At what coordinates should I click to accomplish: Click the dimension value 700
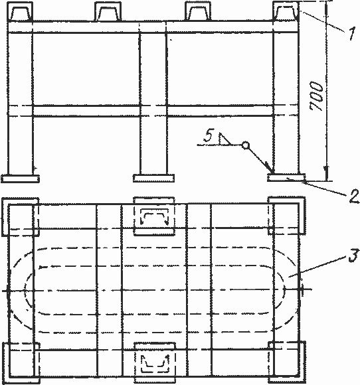click(x=316, y=96)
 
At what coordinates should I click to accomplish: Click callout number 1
click(x=352, y=34)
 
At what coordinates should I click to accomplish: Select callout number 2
click(x=354, y=196)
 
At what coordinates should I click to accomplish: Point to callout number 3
click(x=353, y=255)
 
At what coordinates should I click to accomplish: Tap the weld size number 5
click(x=208, y=136)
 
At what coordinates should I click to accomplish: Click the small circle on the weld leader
click(x=245, y=145)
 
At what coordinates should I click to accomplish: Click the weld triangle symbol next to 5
click(x=225, y=139)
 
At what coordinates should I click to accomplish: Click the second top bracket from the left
click(x=108, y=11)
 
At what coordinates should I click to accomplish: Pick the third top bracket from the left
click(x=198, y=11)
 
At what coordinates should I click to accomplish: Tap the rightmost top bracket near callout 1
click(x=286, y=11)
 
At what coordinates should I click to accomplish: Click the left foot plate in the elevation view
click(x=20, y=179)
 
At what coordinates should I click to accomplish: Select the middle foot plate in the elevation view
click(x=154, y=179)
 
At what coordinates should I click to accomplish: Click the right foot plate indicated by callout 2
click(x=286, y=178)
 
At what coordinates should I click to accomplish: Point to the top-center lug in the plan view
click(x=154, y=216)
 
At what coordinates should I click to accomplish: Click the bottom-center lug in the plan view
click(x=155, y=363)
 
